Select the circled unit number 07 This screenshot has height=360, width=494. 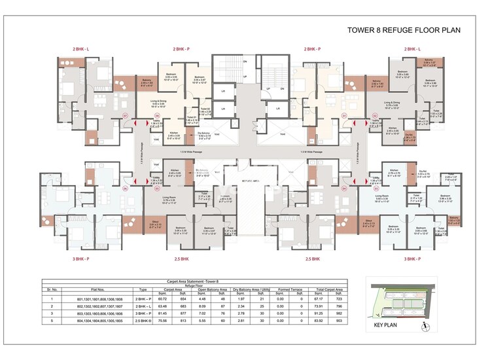click(124, 116)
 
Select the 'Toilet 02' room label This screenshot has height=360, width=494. click(204, 109)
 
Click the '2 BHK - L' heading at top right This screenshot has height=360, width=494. click(412, 49)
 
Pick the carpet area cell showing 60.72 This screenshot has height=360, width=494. click(170, 298)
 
